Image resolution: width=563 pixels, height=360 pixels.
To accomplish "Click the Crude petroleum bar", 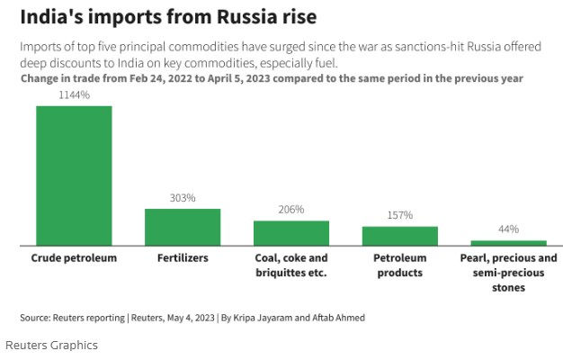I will click(74, 175).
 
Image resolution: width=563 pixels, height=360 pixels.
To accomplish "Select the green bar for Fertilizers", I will click(183, 227).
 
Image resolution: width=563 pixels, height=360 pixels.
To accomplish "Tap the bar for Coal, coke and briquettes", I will click(291, 233).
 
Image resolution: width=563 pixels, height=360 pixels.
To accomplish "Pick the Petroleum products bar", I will click(399, 236).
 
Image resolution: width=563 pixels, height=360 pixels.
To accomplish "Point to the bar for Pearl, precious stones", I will click(509, 243).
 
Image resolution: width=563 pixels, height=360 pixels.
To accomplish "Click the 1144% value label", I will click(74, 94).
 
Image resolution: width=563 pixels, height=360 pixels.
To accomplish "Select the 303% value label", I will click(183, 198).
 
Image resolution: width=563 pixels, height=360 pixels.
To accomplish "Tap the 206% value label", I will click(291, 210).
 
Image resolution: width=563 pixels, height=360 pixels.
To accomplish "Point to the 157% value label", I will click(399, 215).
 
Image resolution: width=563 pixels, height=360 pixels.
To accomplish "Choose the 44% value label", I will click(509, 229).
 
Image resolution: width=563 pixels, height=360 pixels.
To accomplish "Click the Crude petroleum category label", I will click(74, 258).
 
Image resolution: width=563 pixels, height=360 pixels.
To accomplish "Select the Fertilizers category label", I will click(183, 258).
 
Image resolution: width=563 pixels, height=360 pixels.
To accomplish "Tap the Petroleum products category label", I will click(399, 265).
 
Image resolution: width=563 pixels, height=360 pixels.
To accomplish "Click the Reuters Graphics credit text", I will click(51, 345).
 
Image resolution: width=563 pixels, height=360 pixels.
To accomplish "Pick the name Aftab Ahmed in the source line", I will click(339, 318).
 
